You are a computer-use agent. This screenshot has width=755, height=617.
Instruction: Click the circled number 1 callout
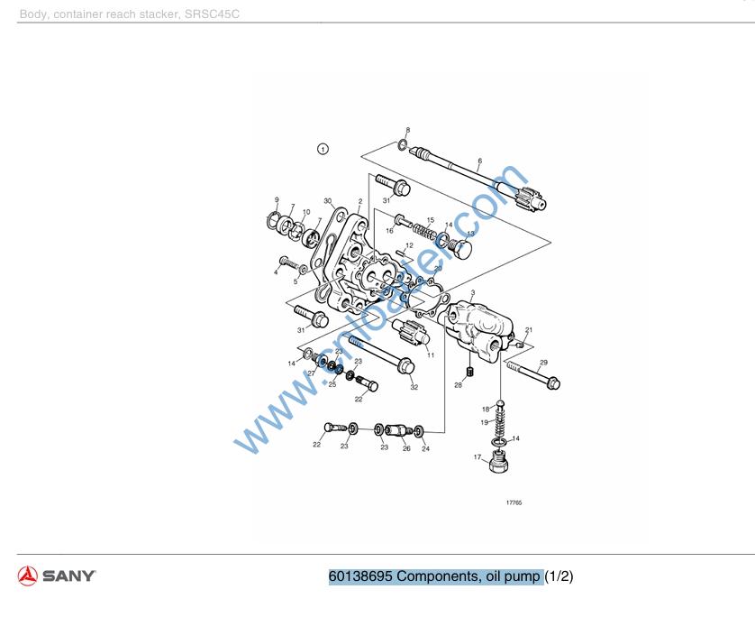323,149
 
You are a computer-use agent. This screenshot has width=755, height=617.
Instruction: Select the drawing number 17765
514,503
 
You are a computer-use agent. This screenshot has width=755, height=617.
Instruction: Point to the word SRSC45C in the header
212,14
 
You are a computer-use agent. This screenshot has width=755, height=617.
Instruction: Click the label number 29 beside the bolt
543,363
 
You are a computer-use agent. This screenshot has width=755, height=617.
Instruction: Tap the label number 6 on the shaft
479,161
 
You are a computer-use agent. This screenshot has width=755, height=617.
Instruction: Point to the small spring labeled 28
469,373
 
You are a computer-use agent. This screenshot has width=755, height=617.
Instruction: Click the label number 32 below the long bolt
414,387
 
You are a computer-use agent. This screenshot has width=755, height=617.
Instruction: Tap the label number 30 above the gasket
328,200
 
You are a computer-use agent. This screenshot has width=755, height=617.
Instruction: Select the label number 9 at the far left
277,199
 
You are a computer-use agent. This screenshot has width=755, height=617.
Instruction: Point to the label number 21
530,330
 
